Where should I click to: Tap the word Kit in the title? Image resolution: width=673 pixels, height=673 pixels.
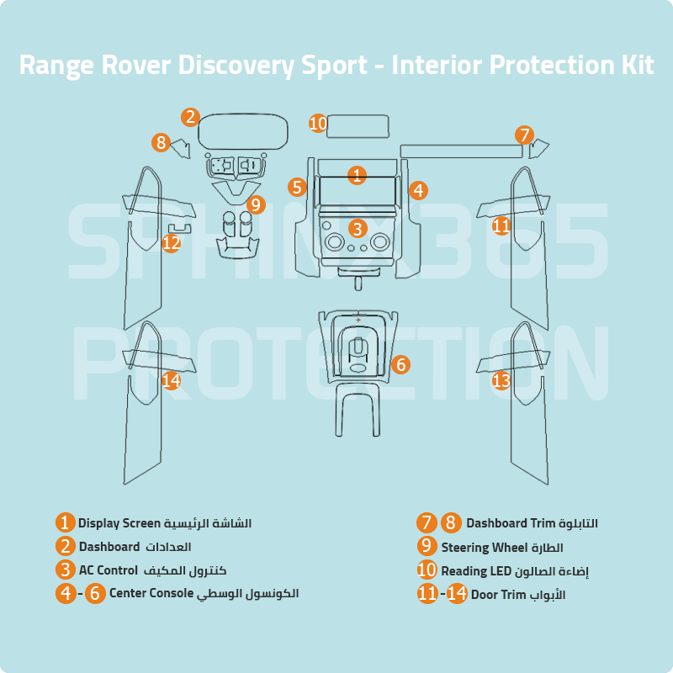point(633,66)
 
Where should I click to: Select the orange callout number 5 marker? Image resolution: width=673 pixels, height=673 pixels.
point(296,187)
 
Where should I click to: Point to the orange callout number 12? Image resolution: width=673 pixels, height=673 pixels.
point(172,243)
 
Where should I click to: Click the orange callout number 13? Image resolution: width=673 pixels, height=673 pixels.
point(501,381)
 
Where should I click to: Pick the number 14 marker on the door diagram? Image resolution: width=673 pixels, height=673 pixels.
point(172,381)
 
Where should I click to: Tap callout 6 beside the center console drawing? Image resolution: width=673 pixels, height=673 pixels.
point(400,364)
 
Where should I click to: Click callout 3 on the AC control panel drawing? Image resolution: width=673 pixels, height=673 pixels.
point(358,228)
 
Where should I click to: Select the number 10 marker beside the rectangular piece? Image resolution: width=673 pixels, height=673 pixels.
point(317,124)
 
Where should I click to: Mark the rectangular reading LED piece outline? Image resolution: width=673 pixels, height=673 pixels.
point(358,125)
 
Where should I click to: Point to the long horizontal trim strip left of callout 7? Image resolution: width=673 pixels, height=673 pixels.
point(461,151)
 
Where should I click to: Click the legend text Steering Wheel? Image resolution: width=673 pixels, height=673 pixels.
point(477,548)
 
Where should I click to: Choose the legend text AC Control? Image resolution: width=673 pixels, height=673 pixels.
point(108,570)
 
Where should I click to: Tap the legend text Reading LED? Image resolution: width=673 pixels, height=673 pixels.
point(476,571)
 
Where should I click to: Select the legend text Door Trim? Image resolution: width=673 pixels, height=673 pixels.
point(498,595)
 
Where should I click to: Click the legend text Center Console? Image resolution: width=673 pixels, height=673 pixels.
point(151,593)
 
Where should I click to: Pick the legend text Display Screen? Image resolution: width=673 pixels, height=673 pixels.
point(119,523)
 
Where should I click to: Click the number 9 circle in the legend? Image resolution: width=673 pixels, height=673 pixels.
point(427,546)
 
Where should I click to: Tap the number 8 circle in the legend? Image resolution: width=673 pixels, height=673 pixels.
point(451,523)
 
